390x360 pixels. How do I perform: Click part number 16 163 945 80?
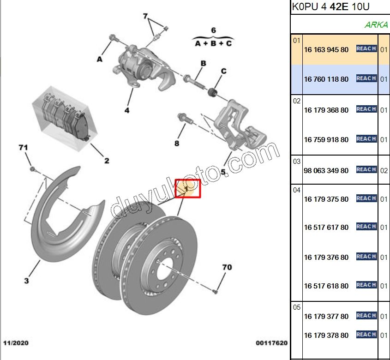tap(326, 50)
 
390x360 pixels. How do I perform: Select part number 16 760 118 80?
tap(326, 79)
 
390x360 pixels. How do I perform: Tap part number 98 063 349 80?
tap(326, 170)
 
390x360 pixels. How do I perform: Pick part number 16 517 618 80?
tap(326, 286)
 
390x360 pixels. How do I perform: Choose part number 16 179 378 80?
tap(326, 336)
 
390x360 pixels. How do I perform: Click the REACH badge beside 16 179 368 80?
tap(366, 109)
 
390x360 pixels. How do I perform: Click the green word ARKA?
tap(376, 25)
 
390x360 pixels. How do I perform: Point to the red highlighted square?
tap(188, 188)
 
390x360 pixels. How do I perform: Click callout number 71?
tap(23, 148)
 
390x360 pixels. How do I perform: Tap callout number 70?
tap(227, 267)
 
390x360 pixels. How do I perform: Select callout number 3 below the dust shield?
tap(26, 281)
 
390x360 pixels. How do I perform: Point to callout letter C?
tap(223, 71)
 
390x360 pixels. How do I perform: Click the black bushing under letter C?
tap(213, 93)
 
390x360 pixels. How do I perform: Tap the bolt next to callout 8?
tap(183, 119)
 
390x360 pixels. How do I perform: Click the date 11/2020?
tap(16, 343)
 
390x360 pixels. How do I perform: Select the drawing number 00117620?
tap(272, 343)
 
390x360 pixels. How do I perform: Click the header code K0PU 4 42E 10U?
tap(331, 7)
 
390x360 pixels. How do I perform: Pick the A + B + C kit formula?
tap(213, 43)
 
